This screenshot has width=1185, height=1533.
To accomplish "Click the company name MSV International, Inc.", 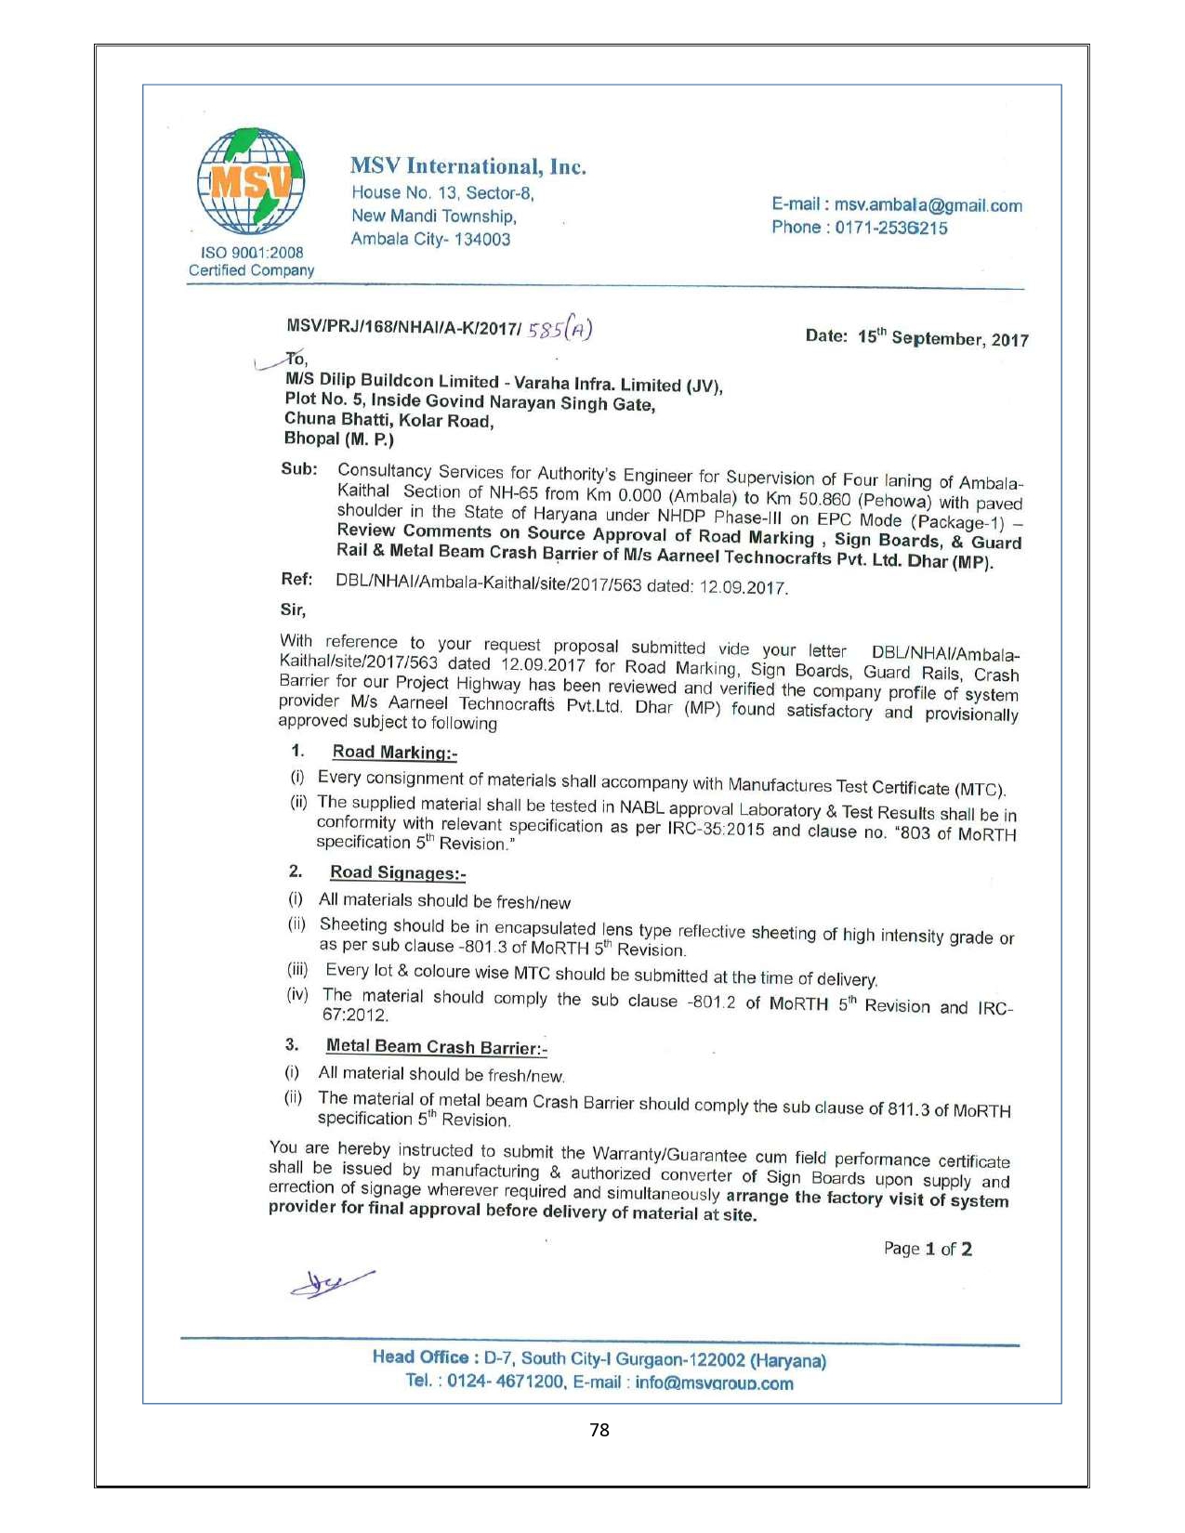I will pyautogui.click(x=467, y=167).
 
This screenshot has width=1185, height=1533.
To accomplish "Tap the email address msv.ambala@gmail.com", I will pyautogui.click(x=928, y=205).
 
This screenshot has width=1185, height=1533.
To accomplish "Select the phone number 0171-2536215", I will pyautogui.click(x=890, y=228).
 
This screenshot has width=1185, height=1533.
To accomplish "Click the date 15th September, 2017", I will pyautogui.click(x=942, y=338).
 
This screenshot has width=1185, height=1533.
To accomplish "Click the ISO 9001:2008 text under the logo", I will pyautogui.click(x=252, y=253).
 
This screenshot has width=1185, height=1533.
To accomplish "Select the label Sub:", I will pyautogui.click(x=299, y=469).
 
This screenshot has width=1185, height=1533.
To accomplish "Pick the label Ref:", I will pyautogui.click(x=296, y=580).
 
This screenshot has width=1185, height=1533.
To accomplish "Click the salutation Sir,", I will pyautogui.click(x=293, y=609).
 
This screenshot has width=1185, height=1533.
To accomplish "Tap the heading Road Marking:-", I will pyautogui.click(x=394, y=753).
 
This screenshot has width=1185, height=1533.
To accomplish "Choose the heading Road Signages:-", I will pyautogui.click(x=397, y=872).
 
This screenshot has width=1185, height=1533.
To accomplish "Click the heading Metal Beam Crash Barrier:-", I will pyautogui.click(x=436, y=1047).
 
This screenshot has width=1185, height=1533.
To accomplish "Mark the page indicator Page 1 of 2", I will pyautogui.click(x=928, y=1249).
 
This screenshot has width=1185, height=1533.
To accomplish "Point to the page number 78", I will pyautogui.click(x=599, y=1430).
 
